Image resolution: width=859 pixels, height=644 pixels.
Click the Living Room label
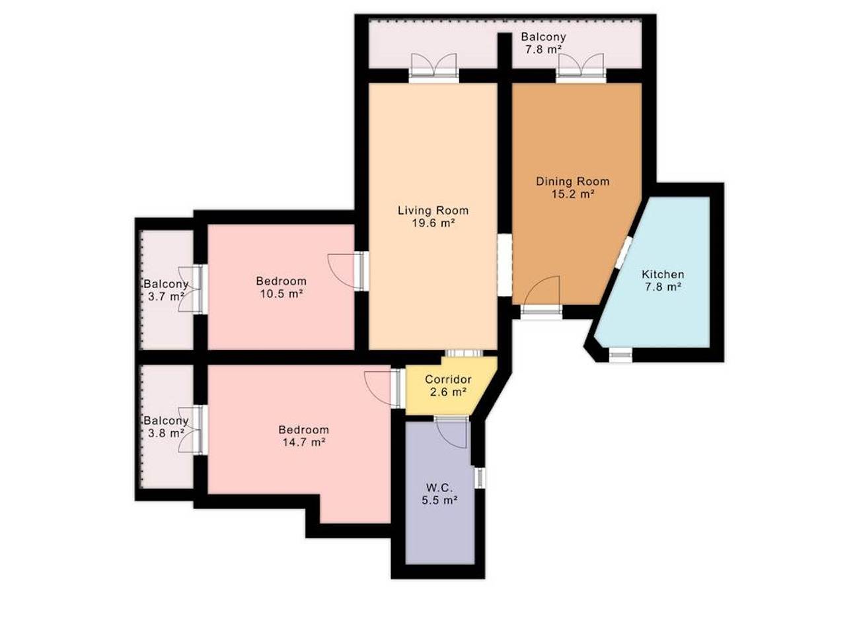pyautogui.click(x=433, y=210)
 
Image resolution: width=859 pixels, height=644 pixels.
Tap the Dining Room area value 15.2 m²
pyautogui.click(x=572, y=194)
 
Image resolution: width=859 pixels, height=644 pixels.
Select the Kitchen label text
pyautogui.click(x=663, y=274)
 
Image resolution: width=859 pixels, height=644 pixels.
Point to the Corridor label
pyautogui.click(x=448, y=379)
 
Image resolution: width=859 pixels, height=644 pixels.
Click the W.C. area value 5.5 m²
pyautogui.click(x=439, y=500)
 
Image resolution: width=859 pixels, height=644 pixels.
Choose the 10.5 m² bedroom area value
pyautogui.click(x=281, y=294)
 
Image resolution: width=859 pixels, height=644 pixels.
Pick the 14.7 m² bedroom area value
pyautogui.click(x=304, y=443)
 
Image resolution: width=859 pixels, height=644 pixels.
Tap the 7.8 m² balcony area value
pyautogui.click(x=543, y=50)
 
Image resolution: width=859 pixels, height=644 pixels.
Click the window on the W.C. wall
pyautogui.click(x=480, y=478)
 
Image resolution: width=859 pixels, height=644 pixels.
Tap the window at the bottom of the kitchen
pyautogui.click(x=620, y=355)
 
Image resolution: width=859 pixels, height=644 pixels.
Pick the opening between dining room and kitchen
pyautogui.click(x=623, y=252)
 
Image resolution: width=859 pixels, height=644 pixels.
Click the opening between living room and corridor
pyautogui.click(x=464, y=353)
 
